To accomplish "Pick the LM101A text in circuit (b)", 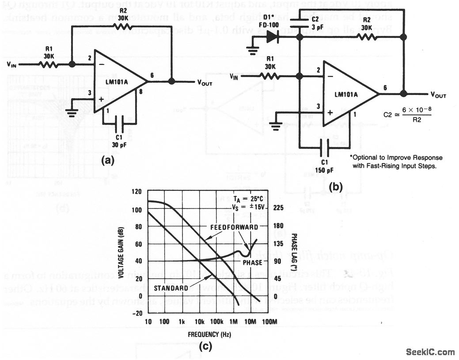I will point(348,95).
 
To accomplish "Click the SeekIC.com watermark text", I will point(430,352).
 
